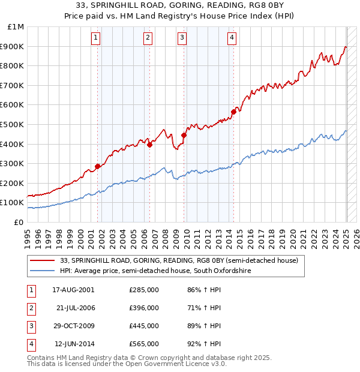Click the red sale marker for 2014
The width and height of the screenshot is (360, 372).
coord(233,112)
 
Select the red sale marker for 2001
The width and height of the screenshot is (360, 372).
coord(97,166)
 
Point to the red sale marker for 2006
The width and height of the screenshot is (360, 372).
coord(150,145)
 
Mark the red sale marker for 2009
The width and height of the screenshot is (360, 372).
coord(184,135)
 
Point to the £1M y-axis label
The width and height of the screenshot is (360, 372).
coord(16,27)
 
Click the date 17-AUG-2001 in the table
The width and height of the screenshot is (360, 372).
coord(73,290)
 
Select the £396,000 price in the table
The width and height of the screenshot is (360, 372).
coord(144,308)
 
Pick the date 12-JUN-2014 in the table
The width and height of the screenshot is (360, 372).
coord(73,344)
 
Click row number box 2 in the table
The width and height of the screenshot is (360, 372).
coord(29,308)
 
